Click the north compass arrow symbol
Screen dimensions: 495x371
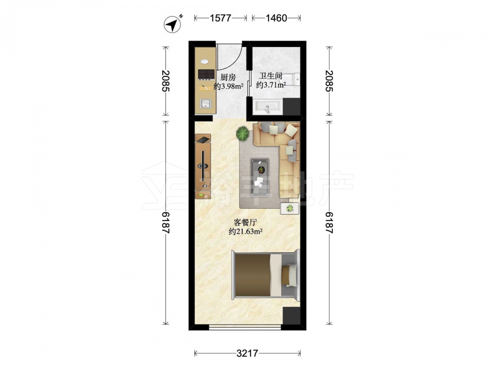[x=172, y=24]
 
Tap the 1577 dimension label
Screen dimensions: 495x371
[x=220, y=18]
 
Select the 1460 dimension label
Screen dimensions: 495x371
[x=276, y=18]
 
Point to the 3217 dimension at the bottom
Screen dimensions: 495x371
[x=247, y=353]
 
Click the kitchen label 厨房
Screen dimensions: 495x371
[x=228, y=77]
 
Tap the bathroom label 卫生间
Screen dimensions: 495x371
[x=271, y=76]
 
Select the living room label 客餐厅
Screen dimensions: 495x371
[x=246, y=223]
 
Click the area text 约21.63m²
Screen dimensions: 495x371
[x=246, y=232]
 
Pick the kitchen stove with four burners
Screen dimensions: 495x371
[x=206, y=74]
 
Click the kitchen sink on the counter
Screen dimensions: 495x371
[x=205, y=103]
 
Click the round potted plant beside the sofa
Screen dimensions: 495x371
[x=243, y=134]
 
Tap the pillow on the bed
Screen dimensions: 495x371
[x=289, y=275]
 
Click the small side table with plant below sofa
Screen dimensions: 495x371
[x=290, y=208]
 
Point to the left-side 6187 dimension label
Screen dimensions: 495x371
[x=165, y=223]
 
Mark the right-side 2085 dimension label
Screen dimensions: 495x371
[x=329, y=81]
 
